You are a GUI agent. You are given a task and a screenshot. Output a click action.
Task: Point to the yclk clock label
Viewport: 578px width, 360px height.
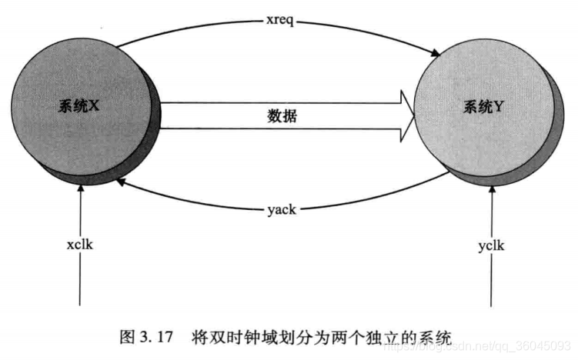(x=490, y=246)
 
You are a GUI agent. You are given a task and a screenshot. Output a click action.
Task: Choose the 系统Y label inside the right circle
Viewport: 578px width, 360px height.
(x=483, y=108)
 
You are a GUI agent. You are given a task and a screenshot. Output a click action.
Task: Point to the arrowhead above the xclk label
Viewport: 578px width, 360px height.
(x=80, y=189)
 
